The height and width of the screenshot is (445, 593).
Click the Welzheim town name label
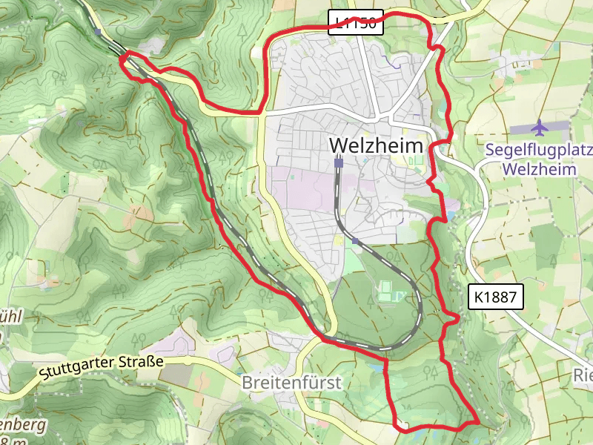click(x=377, y=145)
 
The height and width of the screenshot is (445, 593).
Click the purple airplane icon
click(x=540, y=128)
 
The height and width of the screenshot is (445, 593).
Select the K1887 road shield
click(x=496, y=297)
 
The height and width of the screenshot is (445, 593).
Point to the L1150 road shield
click(x=356, y=22)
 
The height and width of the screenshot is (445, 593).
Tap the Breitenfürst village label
click(x=291, y=383)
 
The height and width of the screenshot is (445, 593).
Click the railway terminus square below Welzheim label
click(x=339, y=162)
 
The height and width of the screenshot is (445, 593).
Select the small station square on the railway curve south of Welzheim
click(x=356, y=241)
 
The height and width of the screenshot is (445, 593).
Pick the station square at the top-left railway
click(x=98, y=31)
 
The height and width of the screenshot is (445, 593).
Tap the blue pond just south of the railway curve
click(x=385, y=365)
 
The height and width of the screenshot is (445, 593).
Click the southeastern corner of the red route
click(x=478, y=421)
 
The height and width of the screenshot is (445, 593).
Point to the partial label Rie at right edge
click(x=583, y=375)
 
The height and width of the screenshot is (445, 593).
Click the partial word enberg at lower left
click(x=22, y=426)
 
